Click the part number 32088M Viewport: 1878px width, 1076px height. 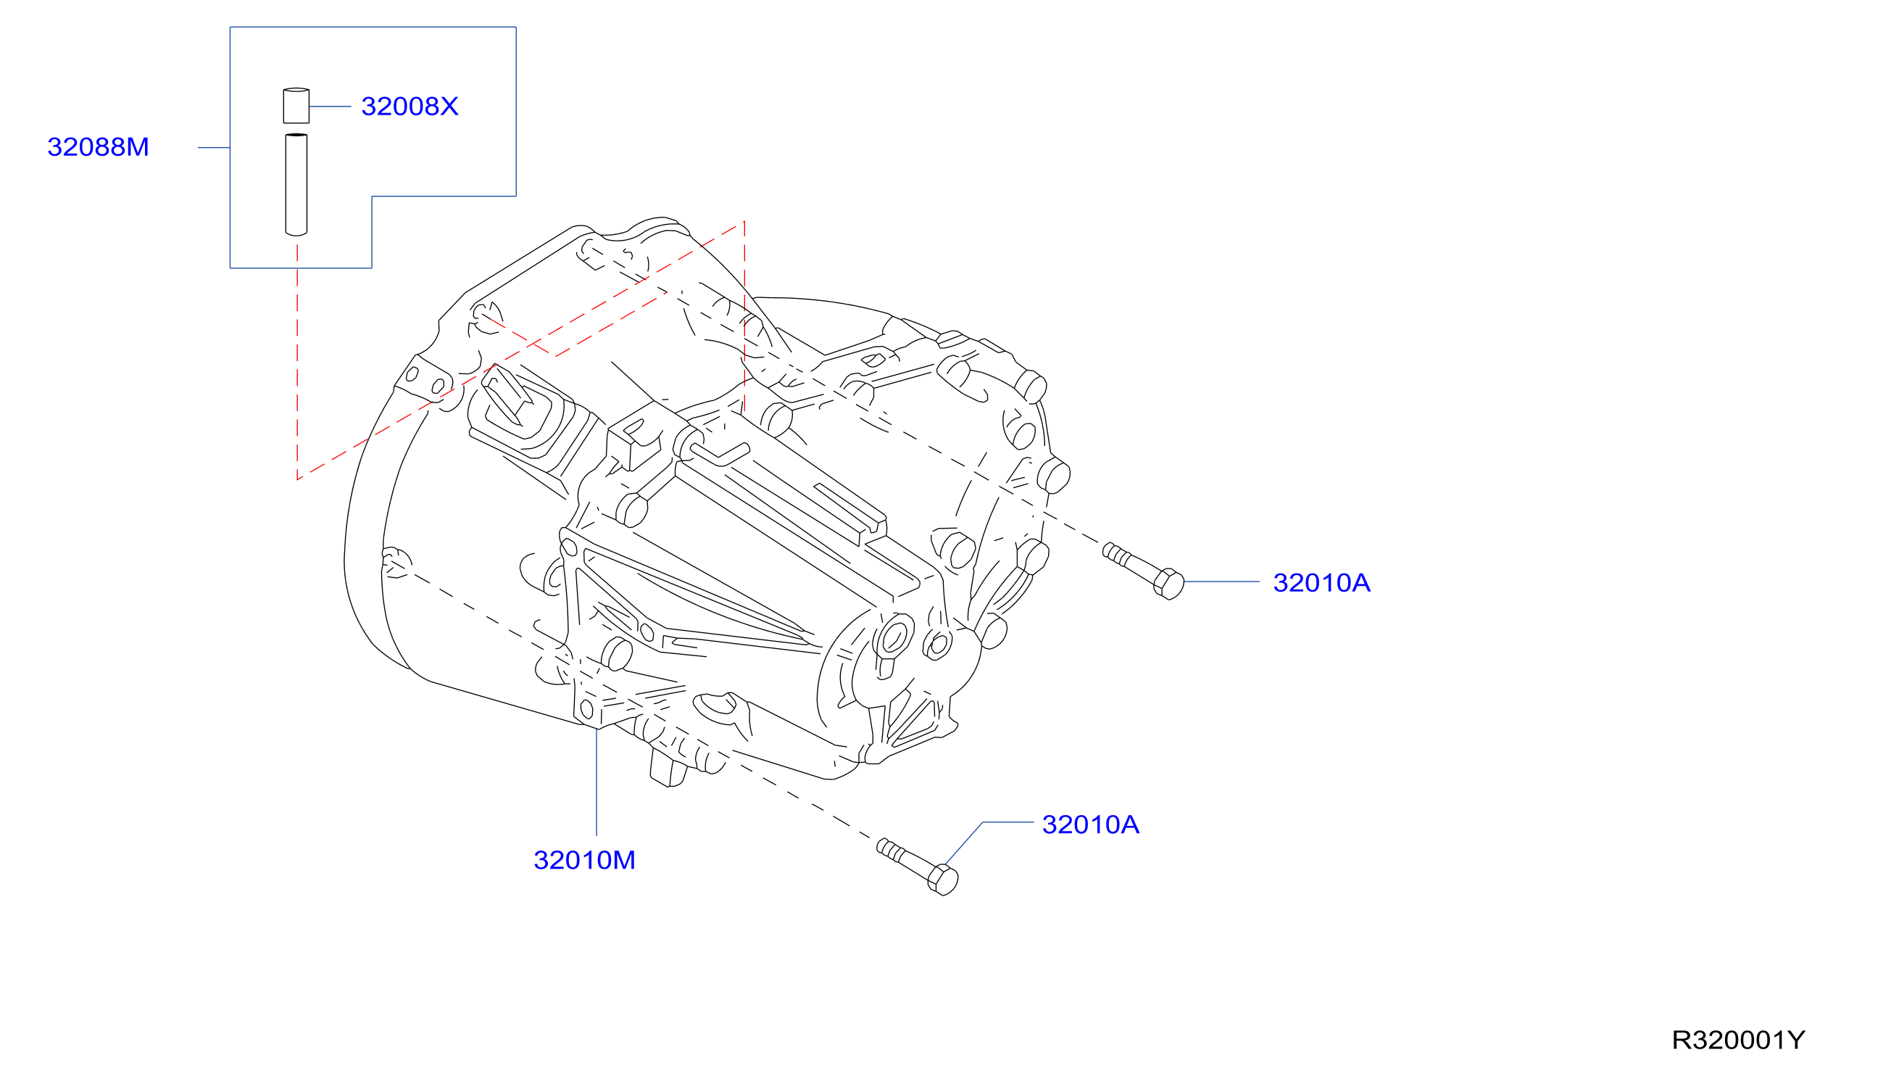(99, 147)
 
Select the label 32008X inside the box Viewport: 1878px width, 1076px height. (410, 107)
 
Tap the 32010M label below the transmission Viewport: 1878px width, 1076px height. (584, 860)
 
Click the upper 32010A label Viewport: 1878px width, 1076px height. (1321, 583)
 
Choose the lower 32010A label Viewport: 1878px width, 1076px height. (1090, 824)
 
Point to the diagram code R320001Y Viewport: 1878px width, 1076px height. (1738, 1040)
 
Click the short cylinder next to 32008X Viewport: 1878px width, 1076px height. (296, 106)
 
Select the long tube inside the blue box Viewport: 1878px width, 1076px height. (296, 185)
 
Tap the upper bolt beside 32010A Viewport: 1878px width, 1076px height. (1143, 571)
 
